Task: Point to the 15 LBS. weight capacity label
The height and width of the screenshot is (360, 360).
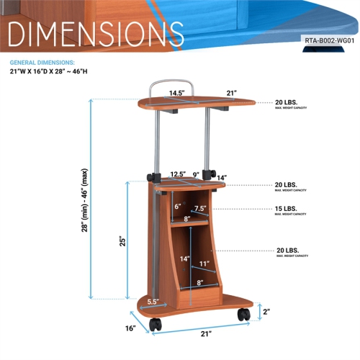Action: pyautogui.click(x=288, y=210)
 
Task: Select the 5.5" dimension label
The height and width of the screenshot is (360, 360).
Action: pyautogui.click(x=153, y=302)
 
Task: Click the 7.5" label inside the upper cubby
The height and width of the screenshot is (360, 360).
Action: pyautogui.click(x=200, y=209)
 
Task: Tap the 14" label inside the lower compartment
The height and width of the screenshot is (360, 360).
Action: pyautogui.click(x=185, y=259)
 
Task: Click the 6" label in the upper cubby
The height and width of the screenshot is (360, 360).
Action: pyautogui.click(x=178, y=206)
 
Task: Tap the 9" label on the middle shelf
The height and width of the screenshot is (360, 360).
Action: pyautogui.click(x=196, y=174)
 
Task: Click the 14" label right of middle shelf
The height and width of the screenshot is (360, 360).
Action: pyautogui.click(x=221, y=178)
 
